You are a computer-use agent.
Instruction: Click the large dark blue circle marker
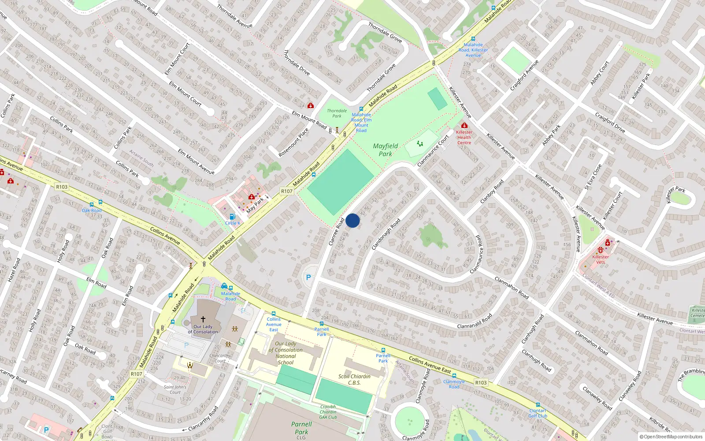tap(352, 220)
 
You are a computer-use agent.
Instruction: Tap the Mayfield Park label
tap(386, 150)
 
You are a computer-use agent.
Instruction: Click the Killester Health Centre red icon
tap(464, 126)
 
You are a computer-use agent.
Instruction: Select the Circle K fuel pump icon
tap(233, 217)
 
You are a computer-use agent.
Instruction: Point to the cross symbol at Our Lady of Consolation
tap(203, 319)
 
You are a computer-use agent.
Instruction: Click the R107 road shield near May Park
tap(287, 191)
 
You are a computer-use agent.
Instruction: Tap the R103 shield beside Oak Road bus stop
tap(62, 187)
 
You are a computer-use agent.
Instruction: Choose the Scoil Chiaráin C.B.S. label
tap(354, 379)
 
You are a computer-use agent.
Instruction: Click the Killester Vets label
tap(601, 259)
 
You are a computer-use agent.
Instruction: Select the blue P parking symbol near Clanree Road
tap(308, 277)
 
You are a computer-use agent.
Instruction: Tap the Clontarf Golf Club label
tap(538, 413)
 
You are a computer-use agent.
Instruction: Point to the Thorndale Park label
tap(337, 113)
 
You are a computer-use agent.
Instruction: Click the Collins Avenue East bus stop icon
tap(274, 314)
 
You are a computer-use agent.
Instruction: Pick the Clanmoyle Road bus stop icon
tap(454, 376)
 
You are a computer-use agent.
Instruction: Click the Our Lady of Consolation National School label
tap(286, 353)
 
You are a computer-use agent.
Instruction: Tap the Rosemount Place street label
tap(294, 142)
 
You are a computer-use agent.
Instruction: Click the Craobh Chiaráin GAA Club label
tap(328, 412)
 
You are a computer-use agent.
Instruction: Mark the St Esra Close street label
tap(593, 177)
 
